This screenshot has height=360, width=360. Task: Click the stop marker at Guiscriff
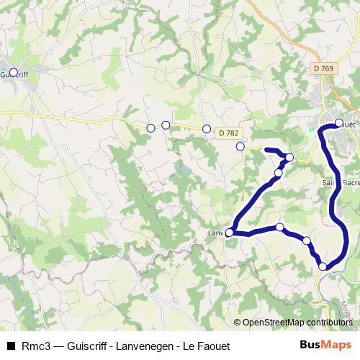pos(14,72)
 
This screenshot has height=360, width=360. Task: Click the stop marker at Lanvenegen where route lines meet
pos(229,233)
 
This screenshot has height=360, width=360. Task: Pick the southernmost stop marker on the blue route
pos(323,266)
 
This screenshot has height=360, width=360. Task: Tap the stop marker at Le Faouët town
pos(339,122)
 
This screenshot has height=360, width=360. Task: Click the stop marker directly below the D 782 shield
pos(240,146)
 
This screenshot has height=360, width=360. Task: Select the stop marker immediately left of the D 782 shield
pos(207,129)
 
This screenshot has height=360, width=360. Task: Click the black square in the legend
pos(10,346)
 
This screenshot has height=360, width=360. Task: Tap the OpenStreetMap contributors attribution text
pos(296,323)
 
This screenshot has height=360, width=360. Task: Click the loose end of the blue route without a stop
pos(267,149)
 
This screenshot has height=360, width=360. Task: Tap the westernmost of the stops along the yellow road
pos(150,128)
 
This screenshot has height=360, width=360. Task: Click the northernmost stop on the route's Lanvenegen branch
pos(289,157)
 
